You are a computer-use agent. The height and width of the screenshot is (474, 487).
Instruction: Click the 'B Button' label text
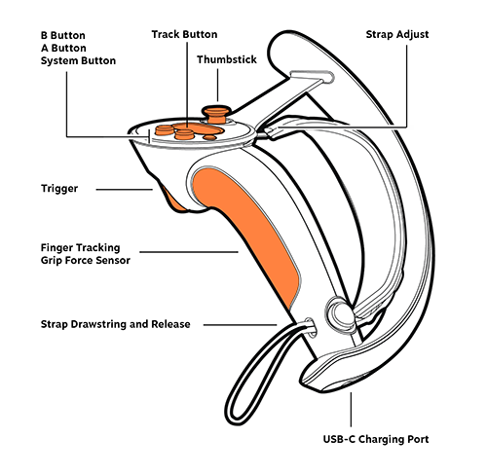tap(63, 35)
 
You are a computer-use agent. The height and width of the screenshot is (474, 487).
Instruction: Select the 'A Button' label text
tap(63, 48)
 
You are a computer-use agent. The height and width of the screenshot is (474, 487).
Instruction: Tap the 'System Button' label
tap(78, 60)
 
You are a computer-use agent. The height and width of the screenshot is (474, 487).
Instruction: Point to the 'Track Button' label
tap(184, 34)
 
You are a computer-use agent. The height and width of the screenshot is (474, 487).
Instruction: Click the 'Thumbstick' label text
tap(227, 59)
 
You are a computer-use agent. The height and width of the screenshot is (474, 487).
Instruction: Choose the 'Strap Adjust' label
tap(397, 35)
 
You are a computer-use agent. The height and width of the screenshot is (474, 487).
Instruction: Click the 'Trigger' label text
tap(59, 189)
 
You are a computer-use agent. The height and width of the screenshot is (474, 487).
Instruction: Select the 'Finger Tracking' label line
tap(81, 248)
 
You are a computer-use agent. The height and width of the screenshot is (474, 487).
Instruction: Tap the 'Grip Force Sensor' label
tap(86, 260)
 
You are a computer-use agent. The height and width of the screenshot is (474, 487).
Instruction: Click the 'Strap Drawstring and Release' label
tap(116, 324)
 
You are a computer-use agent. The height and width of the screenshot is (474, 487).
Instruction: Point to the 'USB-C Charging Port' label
tap(376, 439)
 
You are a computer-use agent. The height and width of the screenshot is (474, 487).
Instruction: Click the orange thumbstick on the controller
tap(216, 115)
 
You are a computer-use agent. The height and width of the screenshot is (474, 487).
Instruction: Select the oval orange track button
tap(199, 128)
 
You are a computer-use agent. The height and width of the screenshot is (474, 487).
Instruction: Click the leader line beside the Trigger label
tap(125, 190)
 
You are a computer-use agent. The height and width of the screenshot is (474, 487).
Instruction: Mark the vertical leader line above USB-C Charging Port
tap(351, 410)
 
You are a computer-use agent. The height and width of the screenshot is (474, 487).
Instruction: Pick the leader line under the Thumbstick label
tap(217, 85)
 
